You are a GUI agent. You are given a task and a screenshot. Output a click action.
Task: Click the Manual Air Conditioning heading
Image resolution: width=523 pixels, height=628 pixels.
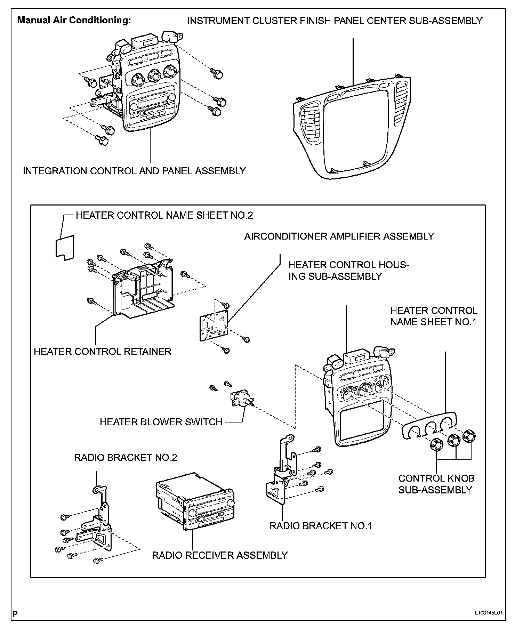74,20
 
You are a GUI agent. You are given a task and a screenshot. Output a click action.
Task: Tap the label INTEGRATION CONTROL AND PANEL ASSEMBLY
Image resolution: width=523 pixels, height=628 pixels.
134,171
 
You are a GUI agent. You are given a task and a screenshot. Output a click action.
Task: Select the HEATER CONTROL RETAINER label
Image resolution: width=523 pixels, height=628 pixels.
103,352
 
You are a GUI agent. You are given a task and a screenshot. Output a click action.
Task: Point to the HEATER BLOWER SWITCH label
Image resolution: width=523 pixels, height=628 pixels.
161,422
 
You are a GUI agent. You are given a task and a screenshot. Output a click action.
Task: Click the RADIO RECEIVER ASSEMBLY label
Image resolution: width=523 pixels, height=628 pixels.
220,555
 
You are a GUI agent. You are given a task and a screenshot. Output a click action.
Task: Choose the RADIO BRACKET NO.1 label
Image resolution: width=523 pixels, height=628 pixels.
321,526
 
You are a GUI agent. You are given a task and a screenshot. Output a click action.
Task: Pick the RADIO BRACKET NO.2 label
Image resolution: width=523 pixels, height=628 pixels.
126,457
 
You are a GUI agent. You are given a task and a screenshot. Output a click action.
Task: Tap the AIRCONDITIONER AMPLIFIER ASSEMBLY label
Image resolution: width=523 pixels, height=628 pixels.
339,236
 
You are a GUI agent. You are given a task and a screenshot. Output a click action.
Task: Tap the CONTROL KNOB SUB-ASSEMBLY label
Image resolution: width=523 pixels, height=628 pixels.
436,484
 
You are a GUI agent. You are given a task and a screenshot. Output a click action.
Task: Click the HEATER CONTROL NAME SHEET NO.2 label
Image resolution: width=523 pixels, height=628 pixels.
164,216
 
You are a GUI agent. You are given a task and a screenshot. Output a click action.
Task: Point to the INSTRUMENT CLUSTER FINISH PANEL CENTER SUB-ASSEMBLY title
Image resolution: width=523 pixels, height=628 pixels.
335,21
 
